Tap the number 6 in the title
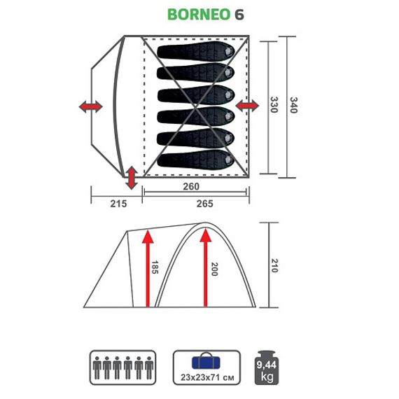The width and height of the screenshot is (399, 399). (x=239, y=15)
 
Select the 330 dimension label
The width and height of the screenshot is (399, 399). (x=274, y=106)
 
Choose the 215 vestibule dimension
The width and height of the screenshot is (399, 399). (x=118, y=204)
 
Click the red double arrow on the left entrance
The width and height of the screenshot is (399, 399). (x=90, y=106)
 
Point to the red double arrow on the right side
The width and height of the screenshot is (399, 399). (x=247, y=106)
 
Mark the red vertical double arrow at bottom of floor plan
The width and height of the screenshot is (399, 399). (x=131, y=178)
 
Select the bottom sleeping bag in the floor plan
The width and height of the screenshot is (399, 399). (x=195, y=158)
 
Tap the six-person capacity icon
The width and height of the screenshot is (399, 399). (x=120, y=365)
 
